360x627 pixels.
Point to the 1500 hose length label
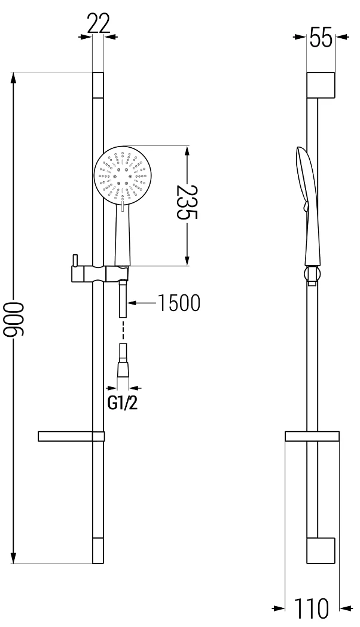coord(178,304)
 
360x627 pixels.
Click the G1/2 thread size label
coord(123,403)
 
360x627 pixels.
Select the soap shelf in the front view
coord(71,436)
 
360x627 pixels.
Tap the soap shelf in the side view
coord(312,436)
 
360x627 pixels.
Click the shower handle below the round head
coord(121,236)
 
